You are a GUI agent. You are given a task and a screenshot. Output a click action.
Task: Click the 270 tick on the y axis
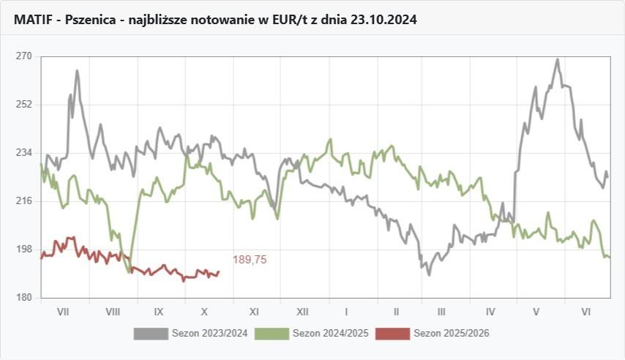[24, 56]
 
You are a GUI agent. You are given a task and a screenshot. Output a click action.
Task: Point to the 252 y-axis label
[24, 105]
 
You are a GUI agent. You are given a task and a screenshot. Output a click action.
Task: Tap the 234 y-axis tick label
[24, 153]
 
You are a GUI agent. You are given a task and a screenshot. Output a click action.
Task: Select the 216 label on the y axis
[24, 201]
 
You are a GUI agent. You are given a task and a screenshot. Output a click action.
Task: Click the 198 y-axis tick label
[24, 250]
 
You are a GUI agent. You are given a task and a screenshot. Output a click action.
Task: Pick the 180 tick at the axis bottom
[24, 298]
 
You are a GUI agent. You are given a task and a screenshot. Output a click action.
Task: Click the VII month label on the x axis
[63, 311]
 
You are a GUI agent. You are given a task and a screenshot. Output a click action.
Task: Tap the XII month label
[302, 311]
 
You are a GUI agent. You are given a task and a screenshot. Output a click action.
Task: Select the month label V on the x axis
[536, 311]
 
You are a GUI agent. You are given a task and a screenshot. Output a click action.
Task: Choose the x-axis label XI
[254, 311]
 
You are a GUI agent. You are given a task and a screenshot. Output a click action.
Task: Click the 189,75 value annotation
[250, 260]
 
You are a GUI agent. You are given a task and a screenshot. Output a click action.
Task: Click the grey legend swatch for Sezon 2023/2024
[150, 334]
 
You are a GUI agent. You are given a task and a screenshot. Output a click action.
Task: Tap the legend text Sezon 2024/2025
[330, 334]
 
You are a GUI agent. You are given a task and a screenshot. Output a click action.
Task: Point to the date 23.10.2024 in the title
[383, 20]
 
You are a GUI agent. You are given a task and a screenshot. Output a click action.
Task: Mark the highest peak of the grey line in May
[558, 59]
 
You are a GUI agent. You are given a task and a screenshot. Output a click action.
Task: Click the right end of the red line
[219, 272]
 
